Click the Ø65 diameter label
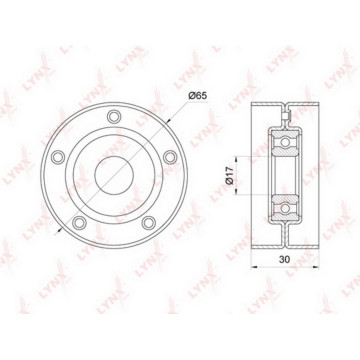coord(198,96)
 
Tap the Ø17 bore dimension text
coord(229,176)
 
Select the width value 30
coord(284,260)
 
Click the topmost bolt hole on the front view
coord(114,116)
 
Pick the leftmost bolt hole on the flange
coord(58,157)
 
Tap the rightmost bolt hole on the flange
coord(170,157)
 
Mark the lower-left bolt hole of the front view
coord(79,223)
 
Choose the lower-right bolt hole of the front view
coord(149,223)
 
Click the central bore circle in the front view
coord(114,175)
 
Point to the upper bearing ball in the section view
coord(285,142)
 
